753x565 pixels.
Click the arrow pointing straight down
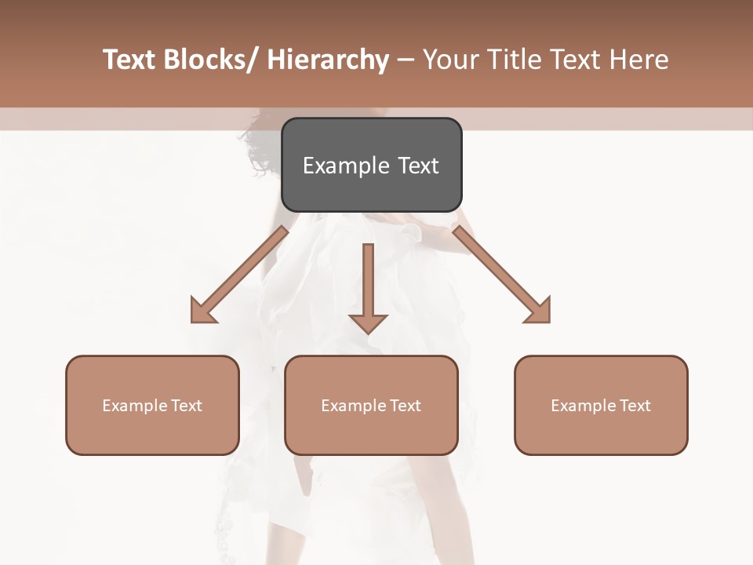368,286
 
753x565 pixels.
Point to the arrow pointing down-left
239,275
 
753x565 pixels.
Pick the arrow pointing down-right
502,275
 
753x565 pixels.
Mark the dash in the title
406,60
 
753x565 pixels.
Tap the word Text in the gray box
418,166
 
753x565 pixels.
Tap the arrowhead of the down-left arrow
203,311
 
